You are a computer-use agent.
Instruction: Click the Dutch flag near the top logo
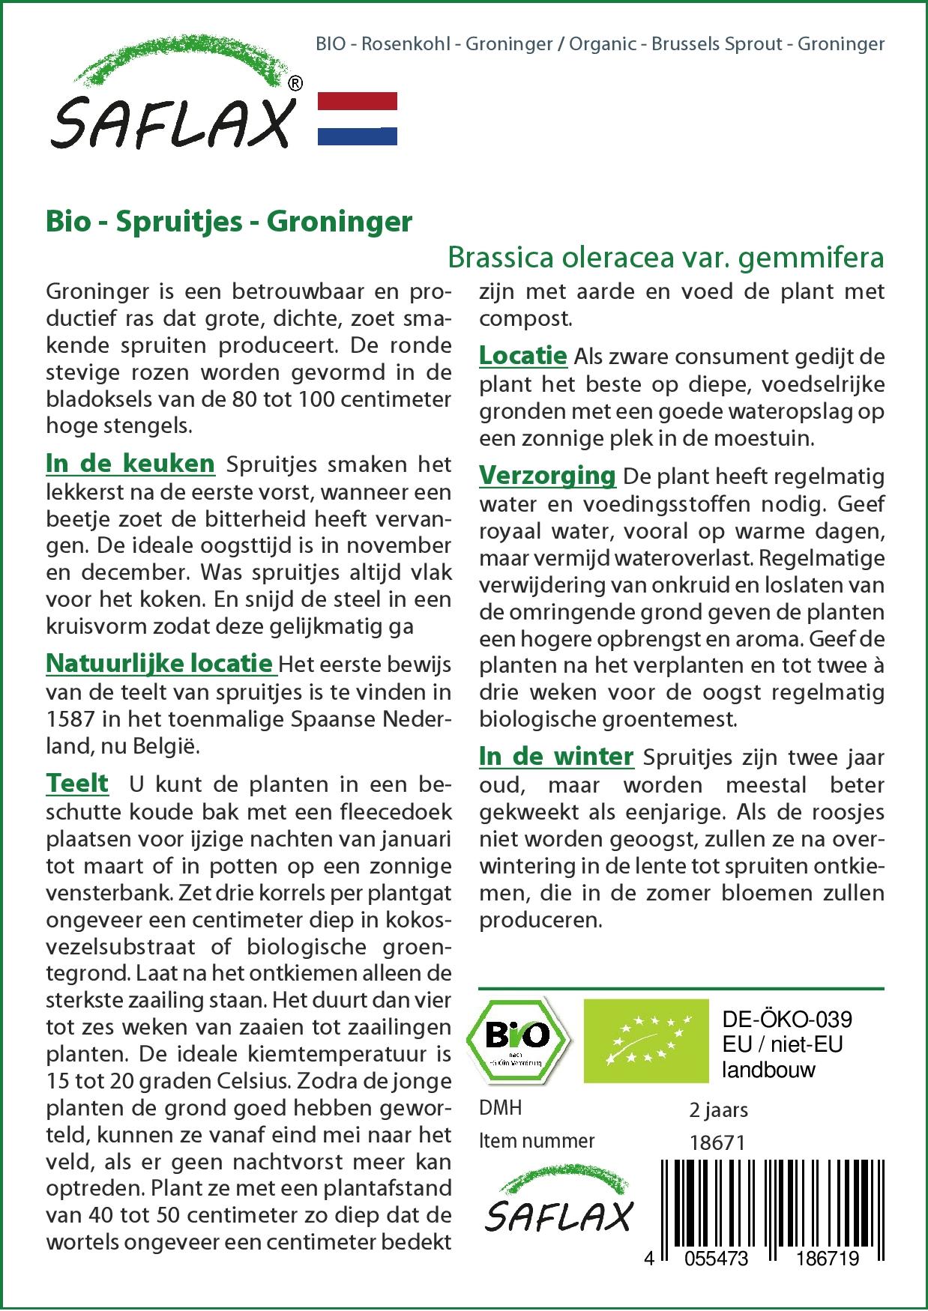pos(358,118)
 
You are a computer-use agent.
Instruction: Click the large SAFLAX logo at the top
pos(172,105)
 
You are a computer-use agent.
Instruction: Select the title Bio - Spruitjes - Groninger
pos(229,222)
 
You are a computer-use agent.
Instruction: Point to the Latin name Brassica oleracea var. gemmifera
pos(666,258)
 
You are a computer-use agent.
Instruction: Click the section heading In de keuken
pos(130,464)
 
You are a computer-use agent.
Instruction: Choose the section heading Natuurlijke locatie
pos(159,663)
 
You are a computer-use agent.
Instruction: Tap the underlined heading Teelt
pos(77,784)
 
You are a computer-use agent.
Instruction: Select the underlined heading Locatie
pos(523,355)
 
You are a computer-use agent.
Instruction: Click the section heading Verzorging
pos(547,475)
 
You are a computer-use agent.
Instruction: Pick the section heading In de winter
pos(556,757)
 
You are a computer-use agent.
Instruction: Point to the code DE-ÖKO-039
pos(787,1020)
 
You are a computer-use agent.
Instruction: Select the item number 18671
pos(717,1142)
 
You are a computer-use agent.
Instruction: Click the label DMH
pos(500,1108)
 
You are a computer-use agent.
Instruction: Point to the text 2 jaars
pos(718,1109)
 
